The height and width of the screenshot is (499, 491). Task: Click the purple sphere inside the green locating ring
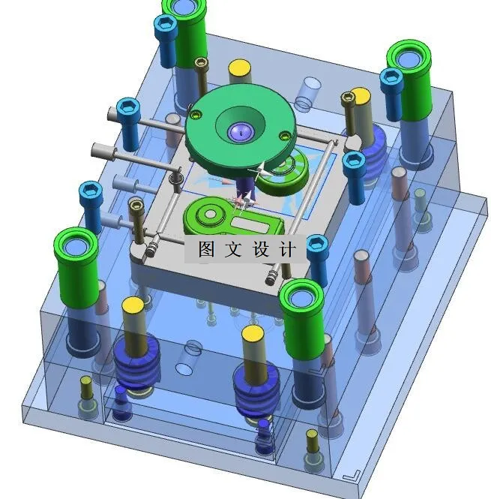click(x=239, y=133)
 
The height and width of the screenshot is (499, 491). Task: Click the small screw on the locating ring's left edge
click(x=196, y=115)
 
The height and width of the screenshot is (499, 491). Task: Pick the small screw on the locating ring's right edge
click(x=284, y=136)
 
